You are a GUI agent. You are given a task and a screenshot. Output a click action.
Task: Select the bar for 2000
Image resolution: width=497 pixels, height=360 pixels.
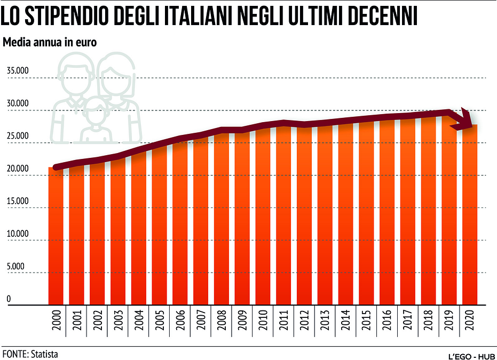click(x=56, y=236)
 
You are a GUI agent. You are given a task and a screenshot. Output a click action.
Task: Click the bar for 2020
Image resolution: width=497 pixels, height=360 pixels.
click(x=470, y=215)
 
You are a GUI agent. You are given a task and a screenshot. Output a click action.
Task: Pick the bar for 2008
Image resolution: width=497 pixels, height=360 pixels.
click(x=221, y=218)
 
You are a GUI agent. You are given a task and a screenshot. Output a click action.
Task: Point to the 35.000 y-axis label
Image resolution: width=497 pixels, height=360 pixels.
click(x=18, y=70)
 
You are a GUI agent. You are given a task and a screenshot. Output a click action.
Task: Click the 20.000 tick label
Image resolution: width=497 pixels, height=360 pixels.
click(x=18, y=169)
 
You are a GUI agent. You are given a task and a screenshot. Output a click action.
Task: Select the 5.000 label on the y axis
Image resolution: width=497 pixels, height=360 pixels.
click(x=15, y=266)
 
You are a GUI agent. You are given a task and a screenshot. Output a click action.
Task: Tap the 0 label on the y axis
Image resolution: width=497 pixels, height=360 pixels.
click(x=9, y=299)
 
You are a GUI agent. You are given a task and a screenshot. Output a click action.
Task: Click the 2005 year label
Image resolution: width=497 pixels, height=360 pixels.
click(x=160, y=320)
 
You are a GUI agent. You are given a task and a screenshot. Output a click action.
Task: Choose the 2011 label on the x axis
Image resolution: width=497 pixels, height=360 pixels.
click(x=283, y=320)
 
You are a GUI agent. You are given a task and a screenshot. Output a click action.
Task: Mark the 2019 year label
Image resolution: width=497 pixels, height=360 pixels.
click(x=449, y=320)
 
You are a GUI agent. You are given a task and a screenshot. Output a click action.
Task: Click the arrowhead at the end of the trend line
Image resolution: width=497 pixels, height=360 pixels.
click(x=463, y=121)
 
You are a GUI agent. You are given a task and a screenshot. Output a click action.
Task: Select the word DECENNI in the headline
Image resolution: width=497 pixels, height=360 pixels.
click(x=383, y=16)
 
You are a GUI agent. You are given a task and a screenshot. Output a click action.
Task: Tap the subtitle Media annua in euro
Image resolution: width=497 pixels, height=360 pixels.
click(x=50, y=42)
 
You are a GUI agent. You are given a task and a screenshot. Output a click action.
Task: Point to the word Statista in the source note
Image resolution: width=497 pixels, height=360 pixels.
click(x=44, y=354)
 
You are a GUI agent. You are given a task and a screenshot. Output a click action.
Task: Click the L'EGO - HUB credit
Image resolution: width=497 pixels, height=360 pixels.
click(x=472, y=356)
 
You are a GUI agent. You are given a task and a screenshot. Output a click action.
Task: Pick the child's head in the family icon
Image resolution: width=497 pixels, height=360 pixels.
click(x=96, y=109)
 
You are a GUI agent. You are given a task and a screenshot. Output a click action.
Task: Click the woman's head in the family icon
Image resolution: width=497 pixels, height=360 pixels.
click(x=116, y=75)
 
